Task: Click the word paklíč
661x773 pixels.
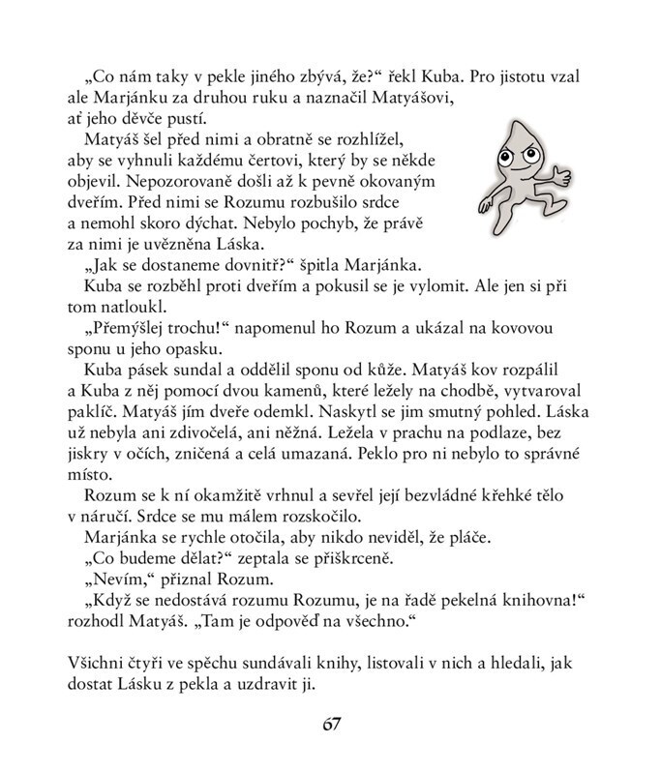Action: click(90, 413)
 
